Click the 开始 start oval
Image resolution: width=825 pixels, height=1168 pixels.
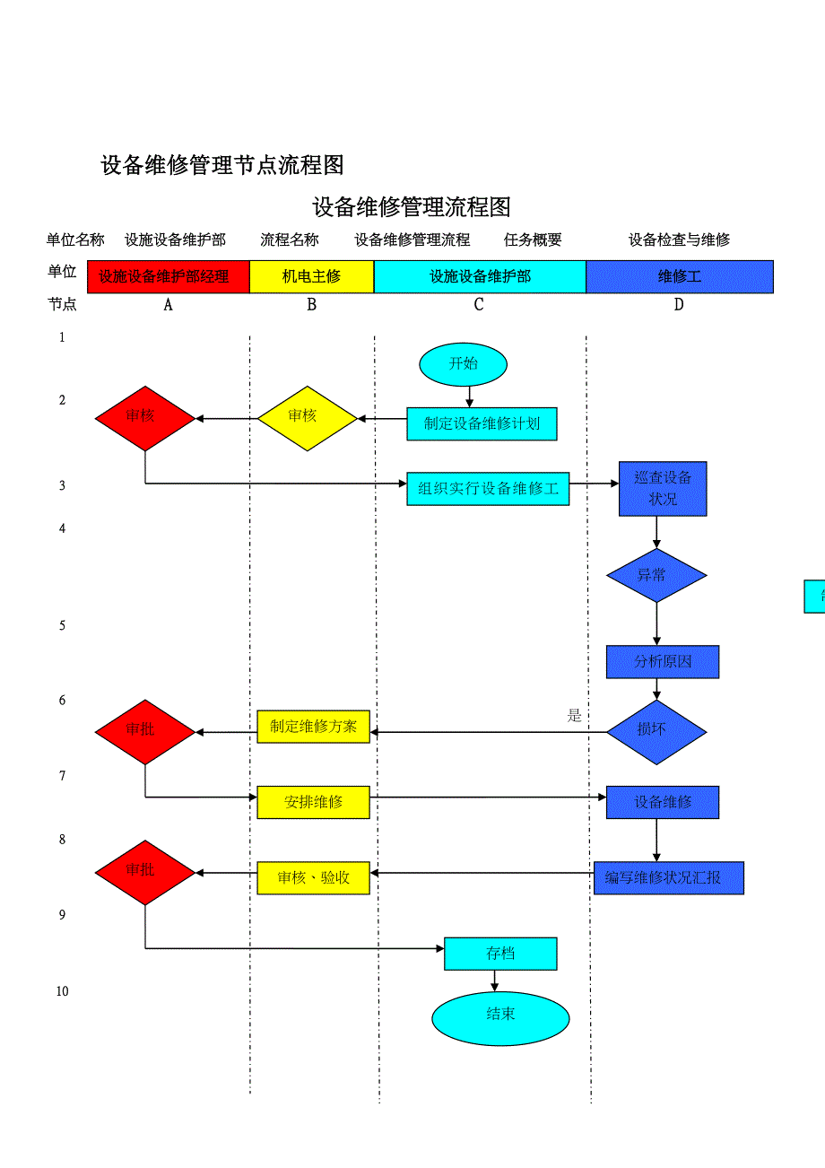(463, 364)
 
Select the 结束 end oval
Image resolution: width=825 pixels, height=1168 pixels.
(500, 1018)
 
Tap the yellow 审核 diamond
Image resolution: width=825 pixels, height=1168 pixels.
(307, 418)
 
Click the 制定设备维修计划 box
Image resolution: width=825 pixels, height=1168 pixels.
(482, 423)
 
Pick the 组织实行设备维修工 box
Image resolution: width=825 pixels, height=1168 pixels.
(488, 489)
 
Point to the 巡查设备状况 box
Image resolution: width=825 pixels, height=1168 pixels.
(663, 489)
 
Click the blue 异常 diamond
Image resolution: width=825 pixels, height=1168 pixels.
(656, 575)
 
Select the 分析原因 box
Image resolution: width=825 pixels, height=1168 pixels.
(663, 662)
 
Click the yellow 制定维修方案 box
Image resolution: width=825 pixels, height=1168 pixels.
(313, 727)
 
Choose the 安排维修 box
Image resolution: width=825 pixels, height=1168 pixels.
(313, 802)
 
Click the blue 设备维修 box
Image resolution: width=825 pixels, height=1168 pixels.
(663, 802)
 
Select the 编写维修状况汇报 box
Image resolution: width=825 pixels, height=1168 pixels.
(669, 878)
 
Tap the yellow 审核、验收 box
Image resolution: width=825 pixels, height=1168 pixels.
(313, 878)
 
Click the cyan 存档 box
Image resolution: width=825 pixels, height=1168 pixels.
(500, 954)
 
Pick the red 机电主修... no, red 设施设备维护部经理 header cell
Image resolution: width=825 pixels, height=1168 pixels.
(168, 276)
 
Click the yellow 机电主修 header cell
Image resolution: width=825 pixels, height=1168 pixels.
(311, 276)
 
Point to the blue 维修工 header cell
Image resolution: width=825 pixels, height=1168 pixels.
(679, 276)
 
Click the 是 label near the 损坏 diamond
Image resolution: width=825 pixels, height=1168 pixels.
(575, 716)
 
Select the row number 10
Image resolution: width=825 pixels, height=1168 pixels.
(62, 991)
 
